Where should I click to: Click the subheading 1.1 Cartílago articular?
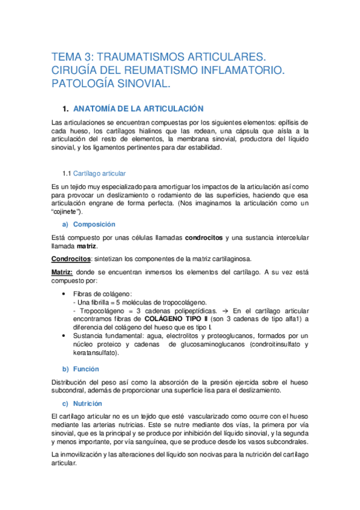(x=96, y=174)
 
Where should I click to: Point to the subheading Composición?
(x=94, y=224)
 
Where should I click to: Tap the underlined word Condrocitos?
(x=71, y=259)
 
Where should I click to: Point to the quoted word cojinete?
(x=69, y=212)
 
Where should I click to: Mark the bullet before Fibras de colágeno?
(x=64, y=293)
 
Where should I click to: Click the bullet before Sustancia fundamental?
(x=64, y=336)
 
